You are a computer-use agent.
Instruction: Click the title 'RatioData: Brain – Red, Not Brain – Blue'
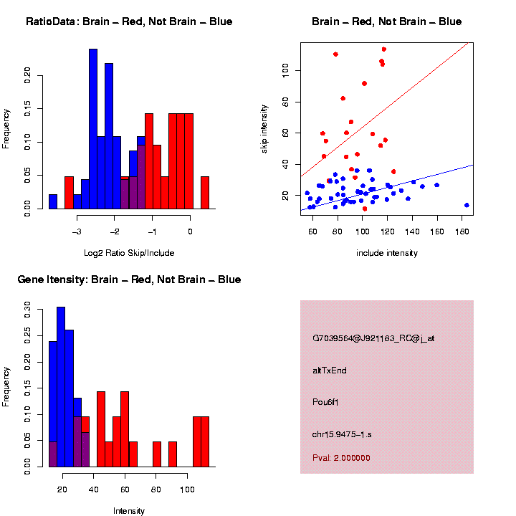tap(129, 21)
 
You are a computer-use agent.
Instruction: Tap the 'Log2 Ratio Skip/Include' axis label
tap(129, 252)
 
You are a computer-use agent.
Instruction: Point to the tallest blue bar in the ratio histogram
tap(93, 129)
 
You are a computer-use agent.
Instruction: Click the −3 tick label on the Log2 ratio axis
tap(77, 231)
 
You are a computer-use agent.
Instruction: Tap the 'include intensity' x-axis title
tap(387, 252)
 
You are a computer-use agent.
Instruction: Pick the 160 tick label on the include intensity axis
tap(436, 231)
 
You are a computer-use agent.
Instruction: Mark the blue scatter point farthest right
tap(467, 205)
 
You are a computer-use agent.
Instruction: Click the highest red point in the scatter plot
tap(384, 49)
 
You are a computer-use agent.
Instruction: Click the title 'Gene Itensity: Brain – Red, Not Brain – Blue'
tap(129, 279)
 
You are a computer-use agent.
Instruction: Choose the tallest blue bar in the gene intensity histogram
tap(61, 387)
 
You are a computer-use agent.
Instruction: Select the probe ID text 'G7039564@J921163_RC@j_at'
tap(373, 338)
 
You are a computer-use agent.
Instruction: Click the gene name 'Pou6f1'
tap(325, 402)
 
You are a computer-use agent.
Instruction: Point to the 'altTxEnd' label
tap(330, 371)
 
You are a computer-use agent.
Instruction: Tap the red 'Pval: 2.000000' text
tap(341, 457)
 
